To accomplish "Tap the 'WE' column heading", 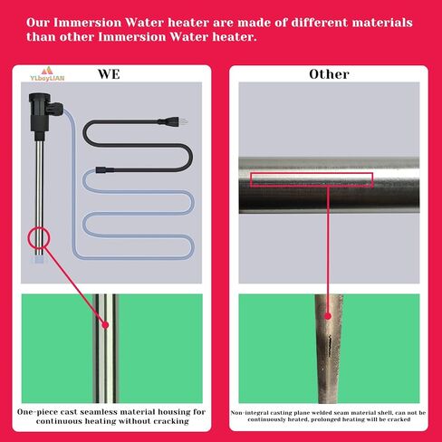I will [108, 73].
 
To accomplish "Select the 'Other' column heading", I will [328, 73].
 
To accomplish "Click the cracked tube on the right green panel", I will [328, 349].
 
